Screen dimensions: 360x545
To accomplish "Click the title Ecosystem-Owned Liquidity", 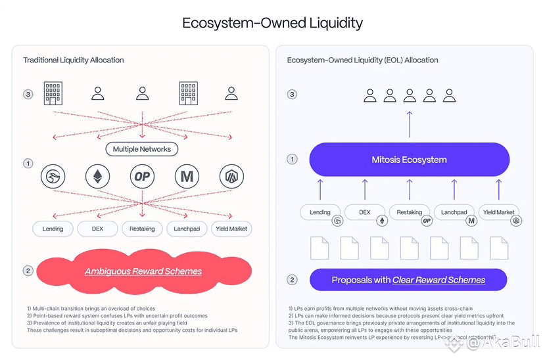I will pos(272,23).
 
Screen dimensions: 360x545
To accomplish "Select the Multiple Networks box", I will pos(141,149).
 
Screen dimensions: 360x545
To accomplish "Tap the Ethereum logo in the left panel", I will pos(97,177).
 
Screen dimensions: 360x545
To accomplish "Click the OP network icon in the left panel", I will pos(141,177).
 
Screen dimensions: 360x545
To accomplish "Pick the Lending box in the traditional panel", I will pos(53,229).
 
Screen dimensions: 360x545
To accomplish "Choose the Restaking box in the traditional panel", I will pos(142,229).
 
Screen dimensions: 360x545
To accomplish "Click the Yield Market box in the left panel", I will pos(231,229).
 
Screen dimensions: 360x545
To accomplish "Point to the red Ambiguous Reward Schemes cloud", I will pos(143,271).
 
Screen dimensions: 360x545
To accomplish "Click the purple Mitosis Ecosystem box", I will pos(409,160).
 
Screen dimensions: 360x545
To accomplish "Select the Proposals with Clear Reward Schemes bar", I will pos(408,280).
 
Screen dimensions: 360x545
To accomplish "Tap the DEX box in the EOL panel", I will pos(364,212).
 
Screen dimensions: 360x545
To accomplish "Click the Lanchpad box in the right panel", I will pos(454,212).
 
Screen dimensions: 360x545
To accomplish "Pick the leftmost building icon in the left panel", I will pos(53,94).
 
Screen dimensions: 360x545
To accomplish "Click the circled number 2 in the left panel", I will pos(28,271).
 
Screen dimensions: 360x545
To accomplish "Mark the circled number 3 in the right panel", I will pos(292,95).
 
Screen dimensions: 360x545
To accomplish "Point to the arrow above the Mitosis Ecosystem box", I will pos(409,124).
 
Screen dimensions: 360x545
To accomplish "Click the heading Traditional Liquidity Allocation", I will pos(74,60).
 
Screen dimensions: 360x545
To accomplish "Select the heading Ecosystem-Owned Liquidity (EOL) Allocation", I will pos(363,60).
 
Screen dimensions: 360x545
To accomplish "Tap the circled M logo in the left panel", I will pos(187,177).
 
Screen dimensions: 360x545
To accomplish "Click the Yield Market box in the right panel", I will pos(498,212).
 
